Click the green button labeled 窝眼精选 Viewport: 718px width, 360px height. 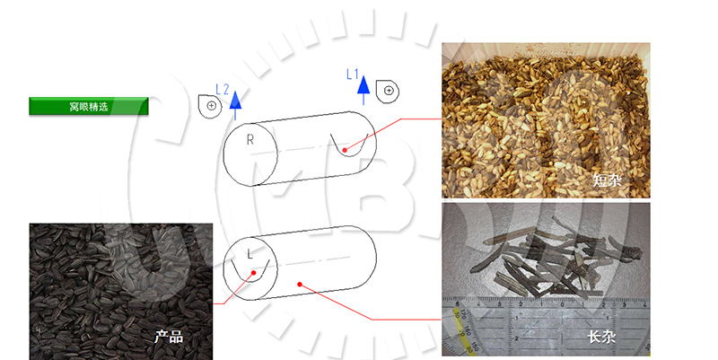click(88, 106)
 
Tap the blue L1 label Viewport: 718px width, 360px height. click(352, 75)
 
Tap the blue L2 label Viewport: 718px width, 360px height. click(222, 89)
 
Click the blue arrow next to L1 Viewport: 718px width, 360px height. click(363, 91)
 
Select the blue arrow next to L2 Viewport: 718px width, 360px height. click(235, 105)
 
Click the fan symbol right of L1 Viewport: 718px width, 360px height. click(388, 92)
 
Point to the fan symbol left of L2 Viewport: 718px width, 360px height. click(210, 106)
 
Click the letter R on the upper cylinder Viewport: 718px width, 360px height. click(250, 140)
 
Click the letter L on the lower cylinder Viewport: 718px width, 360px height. click(250, 254)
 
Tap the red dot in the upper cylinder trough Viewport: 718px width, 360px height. click(345, 150)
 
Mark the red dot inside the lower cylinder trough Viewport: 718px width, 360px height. click(254, 273)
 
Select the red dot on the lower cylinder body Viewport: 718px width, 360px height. click(300, 285)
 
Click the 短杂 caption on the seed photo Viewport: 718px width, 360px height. click(608, 180)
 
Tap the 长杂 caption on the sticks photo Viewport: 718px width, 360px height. click(601, 337)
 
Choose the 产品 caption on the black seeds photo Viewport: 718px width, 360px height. click(169, 337)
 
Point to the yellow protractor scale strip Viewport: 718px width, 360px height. click(462, 330)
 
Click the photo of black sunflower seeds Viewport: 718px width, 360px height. click(121, 292)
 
